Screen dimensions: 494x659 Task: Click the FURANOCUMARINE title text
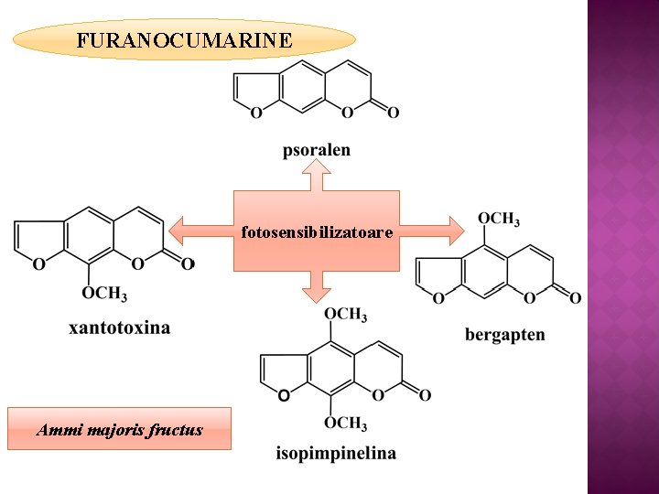click(x=185, y=40)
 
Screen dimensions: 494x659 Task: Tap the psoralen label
click(x=316, y=149)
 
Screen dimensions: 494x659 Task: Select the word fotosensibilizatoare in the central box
click(x=317, y=232)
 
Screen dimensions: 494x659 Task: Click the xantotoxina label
click(x=119, y=327)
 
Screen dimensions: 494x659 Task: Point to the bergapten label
click(x=504, y=334)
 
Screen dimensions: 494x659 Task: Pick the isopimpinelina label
click(x=336, y=453)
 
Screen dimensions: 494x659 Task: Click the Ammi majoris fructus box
click(x=119, y=429)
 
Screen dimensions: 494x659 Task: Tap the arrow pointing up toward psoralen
click(x=316, y=175)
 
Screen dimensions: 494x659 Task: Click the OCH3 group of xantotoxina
click(x=104, y=294)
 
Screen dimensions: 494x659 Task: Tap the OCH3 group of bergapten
click(x=499, y=219)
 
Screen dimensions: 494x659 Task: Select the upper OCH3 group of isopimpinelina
click(x=345, y=315)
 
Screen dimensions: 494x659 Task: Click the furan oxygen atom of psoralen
click(x=255, y=113)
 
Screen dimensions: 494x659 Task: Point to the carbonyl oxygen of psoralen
click(x=394, y=113)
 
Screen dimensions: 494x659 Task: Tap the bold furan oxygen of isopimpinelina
click(x=284, y=395)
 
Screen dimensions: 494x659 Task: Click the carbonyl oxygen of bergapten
click(x=575, y=297)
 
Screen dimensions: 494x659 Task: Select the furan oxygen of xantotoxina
click(x=38, y=264)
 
